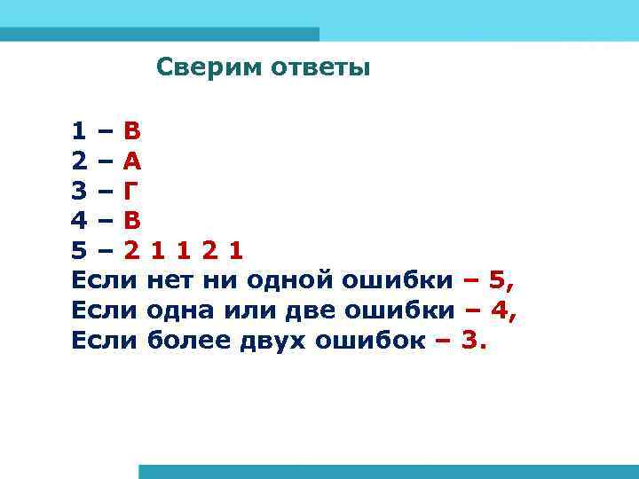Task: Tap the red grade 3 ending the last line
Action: pos(469,339)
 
